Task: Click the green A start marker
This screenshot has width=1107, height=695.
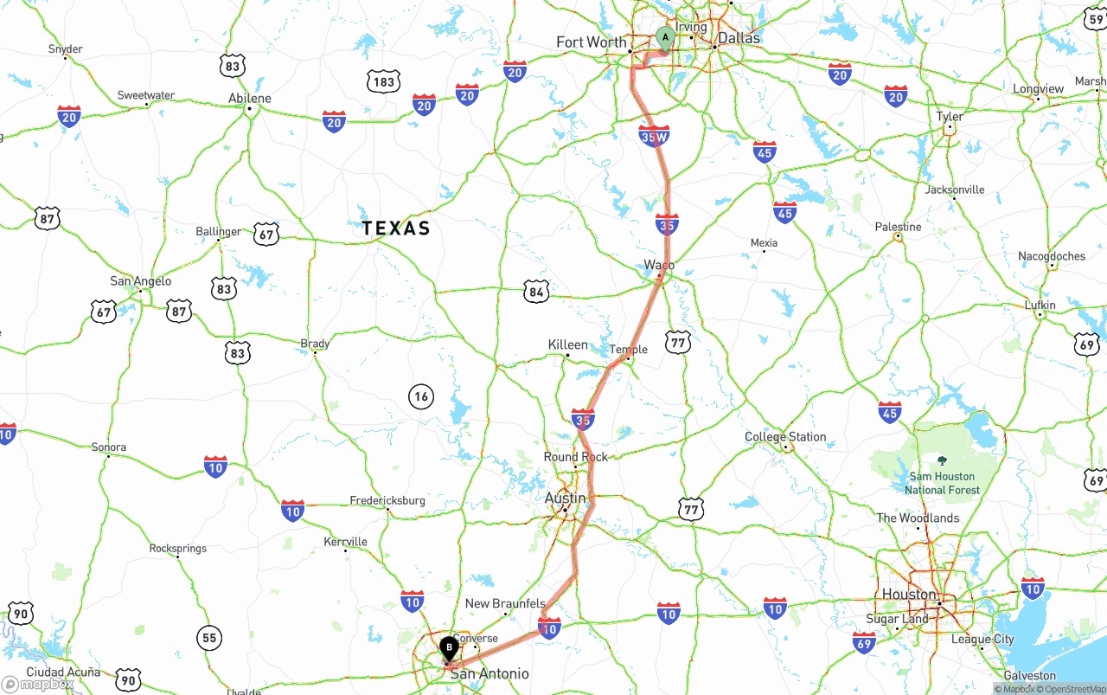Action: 665,37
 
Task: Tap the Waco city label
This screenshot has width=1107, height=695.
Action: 659,264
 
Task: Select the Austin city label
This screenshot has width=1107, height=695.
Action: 565,498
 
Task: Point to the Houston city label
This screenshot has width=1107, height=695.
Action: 909,594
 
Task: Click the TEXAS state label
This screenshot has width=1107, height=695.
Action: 396,228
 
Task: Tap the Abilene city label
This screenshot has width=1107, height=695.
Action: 250,98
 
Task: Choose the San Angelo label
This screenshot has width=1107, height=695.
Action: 141,280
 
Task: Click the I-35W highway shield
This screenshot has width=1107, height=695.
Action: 654,136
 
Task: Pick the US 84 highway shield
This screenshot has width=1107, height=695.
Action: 536,292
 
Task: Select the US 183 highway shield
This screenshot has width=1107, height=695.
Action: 383,82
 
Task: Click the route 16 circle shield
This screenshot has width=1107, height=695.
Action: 420,397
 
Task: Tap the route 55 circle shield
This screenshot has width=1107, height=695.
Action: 208,638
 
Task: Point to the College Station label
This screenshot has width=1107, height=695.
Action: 785,436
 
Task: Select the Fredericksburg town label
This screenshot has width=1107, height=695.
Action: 387,500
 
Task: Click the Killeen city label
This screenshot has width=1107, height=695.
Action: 567,344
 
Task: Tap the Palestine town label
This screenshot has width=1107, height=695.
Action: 898,227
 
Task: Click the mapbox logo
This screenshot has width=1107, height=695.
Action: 38,684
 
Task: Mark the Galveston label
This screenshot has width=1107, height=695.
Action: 1029,675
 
